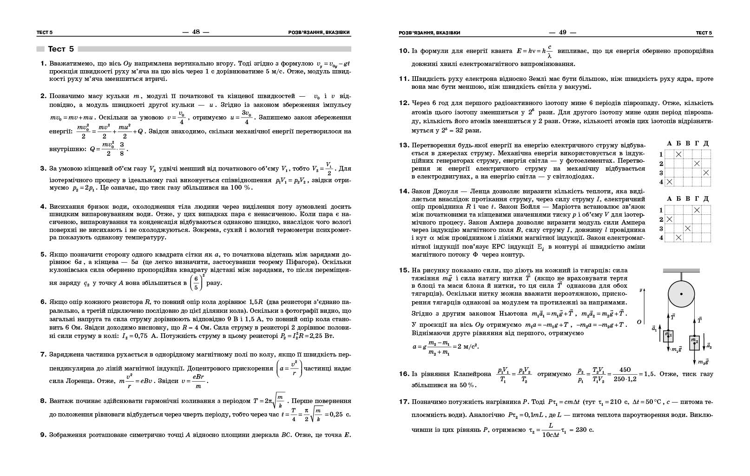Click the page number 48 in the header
[x=196, y=32]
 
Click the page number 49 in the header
[x=562, y=32]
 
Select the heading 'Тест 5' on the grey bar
[x=61, y=49]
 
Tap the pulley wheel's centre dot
[x=681, y=294]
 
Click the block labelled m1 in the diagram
[x=668, y=335]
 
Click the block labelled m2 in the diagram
[x=694, y=343]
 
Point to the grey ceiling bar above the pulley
[x=681, y=271]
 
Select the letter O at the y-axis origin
[x=639, y=322]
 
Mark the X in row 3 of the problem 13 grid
[x=706, y=172]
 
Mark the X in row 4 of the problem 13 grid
[x=670, y=182]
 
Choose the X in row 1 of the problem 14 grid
[x=697, y=210]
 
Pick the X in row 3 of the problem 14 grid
[x=688, y=228]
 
